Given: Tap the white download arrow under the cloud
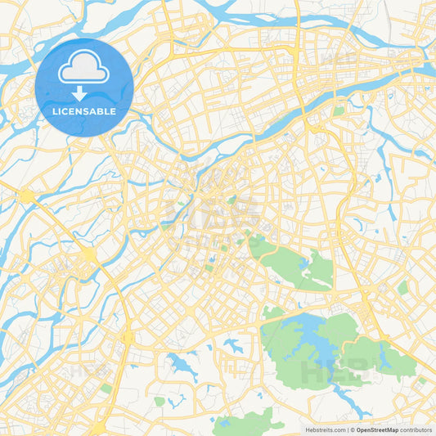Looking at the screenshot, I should (x=84, y=94).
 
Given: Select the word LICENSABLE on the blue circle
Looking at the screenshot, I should (x=84, y=112).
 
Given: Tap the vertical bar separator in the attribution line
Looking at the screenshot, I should (x=349, y=429).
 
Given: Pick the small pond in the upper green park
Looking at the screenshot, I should (x=305, y=263).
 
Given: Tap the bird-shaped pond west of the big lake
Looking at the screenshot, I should (x=232, y=345).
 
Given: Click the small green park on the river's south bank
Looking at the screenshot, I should (x=338, y=110).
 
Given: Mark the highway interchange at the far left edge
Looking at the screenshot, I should (x=27, y=196).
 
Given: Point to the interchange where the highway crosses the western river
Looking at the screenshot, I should (x=88, y=256).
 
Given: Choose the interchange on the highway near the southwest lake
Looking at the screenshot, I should (x=127, y=335).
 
